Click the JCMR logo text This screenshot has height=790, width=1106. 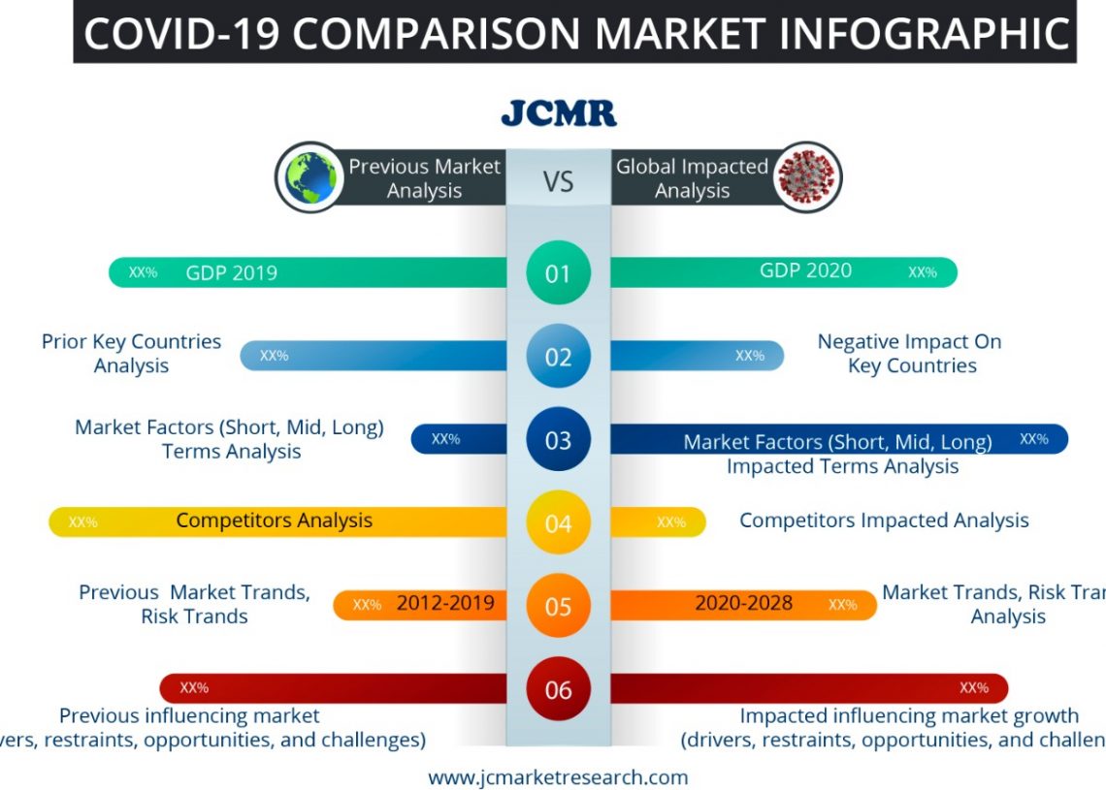point(558,112)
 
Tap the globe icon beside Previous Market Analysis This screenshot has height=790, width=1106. point(310,177)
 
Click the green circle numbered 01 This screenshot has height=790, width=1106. point(558,273)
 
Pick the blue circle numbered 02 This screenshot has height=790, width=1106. point(558,357)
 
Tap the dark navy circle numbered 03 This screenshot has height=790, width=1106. point(558,440)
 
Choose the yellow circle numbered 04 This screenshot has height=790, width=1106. point(558,523)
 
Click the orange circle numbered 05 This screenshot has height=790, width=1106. point(558,606)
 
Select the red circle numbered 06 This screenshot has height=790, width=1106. point(558,689)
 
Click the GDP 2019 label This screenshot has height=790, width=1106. point(231,272)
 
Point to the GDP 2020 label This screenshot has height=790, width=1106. point(805,270)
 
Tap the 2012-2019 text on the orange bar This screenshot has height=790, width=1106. point(445,604)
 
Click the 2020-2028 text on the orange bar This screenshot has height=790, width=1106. point(743,604)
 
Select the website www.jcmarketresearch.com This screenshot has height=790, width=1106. point(558,776)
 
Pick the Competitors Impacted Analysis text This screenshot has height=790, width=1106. point(884,521)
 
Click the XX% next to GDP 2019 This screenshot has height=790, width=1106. point(143,272)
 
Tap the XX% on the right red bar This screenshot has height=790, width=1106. point(973,688)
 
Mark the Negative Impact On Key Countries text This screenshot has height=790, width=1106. point(910,353)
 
